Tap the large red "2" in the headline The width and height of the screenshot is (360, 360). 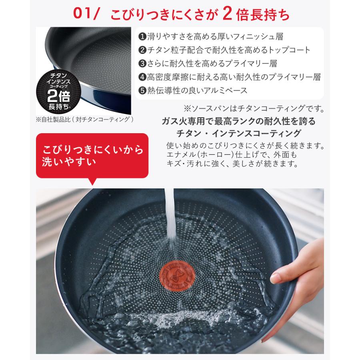227,14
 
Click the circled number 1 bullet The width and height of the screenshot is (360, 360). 142,36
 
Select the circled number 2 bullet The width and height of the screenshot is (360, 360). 142,50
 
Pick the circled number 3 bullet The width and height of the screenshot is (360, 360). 142,63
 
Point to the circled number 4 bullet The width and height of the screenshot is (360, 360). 142,77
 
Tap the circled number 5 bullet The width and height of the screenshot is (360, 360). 142,90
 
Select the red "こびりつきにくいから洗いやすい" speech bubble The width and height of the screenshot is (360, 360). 92,156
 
